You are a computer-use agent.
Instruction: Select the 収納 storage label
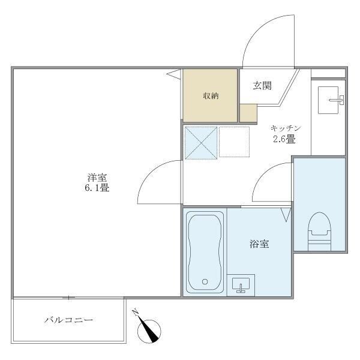click(209, 95)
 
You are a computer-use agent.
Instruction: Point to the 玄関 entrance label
click(262, 86)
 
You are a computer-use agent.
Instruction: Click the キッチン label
click(285, 128)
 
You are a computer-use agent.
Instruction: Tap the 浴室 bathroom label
click(259, 244)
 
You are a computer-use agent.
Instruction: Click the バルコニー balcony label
click(68, 320)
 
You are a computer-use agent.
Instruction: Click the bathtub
click(205, 252)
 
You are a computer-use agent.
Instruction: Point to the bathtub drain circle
click(205, 281)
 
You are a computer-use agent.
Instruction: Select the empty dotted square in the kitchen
click(233, 142)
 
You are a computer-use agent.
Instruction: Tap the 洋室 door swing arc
click(157, 183)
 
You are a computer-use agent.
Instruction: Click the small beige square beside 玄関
click(247, 112)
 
